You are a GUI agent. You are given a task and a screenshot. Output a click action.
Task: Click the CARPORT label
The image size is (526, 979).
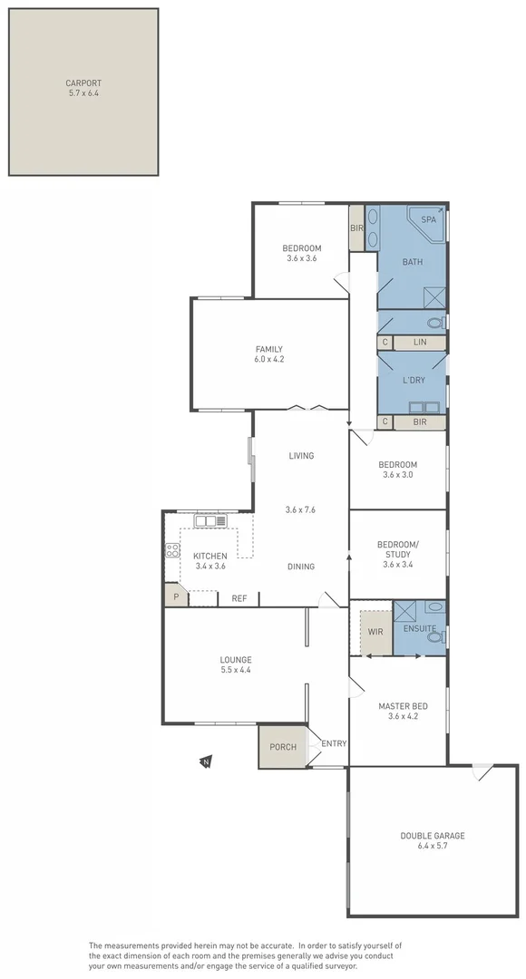coord(83,83)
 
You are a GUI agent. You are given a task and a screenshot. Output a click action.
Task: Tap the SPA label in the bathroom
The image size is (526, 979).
coord(429,219)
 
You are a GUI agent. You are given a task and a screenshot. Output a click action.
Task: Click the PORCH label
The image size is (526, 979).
coord(283,747)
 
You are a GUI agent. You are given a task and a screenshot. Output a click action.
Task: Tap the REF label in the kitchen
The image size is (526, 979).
coord(239,598)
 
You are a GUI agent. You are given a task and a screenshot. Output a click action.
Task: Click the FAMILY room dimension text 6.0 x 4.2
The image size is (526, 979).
coord(269,359)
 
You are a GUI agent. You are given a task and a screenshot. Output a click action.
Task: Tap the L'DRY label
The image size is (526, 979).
coord(413,382)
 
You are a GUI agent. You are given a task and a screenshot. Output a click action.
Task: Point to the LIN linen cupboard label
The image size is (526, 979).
coord(419,343)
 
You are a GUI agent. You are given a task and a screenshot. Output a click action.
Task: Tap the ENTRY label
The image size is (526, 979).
coord(334,744)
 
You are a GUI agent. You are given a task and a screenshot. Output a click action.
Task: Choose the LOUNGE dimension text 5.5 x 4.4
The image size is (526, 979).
coord(235,670)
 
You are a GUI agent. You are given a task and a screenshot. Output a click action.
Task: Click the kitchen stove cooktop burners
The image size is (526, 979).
coord(171,550)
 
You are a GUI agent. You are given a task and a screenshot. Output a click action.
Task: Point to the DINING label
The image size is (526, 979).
coord(301,567)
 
